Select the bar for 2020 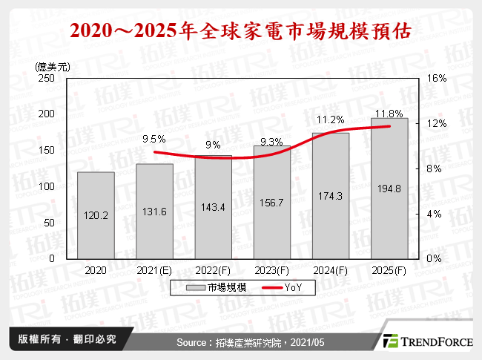coord(96,215)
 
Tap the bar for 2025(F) coord(389,189)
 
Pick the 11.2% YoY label coord(330,120)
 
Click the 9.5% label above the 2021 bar coord(154,138)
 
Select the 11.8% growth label coord(389,114)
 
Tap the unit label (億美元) coord(53,65)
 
